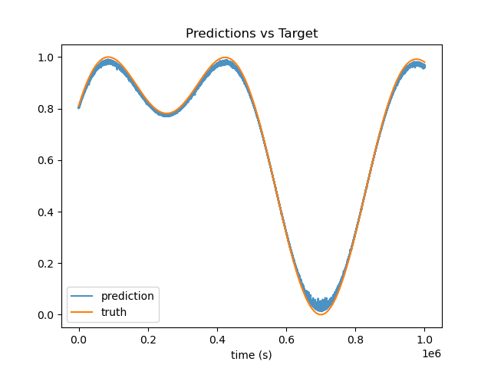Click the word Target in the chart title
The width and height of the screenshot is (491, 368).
(x=298, y=33)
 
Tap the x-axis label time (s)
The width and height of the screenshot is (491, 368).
(x=252, y=355)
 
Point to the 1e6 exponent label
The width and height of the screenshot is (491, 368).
(x=431, y=353)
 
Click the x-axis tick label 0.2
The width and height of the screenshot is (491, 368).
(x=148, y=340)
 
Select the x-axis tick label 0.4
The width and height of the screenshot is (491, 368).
(x=217, y=340)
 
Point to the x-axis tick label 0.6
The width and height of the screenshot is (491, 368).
(x=286, y=340)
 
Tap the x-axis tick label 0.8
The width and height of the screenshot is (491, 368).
(x=355, y=340)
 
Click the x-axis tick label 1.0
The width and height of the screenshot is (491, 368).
(x=424, y=340)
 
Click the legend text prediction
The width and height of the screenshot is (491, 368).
(x=127, y=296)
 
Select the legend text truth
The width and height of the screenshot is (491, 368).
(x=114, y=312)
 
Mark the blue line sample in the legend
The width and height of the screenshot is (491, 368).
(x=82, y=296)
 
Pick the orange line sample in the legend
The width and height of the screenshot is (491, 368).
(x=82, y=312)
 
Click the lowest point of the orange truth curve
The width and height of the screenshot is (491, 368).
(x=321, y=314)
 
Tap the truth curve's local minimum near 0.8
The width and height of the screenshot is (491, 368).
(x=167, y=113)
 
